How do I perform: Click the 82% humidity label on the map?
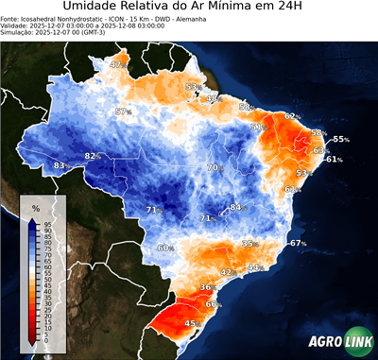[x=93, y=155]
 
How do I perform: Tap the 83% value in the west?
[x=60, y=166]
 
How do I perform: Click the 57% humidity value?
[x=122, y=111]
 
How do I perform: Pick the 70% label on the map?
[x=215, y=167]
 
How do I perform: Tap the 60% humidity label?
[x=164, y=248]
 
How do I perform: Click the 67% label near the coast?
[x=298, y=244]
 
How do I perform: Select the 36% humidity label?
[x=207, y=286]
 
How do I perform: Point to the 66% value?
[x=214, y=304]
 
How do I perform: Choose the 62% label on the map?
[x=292, y=116]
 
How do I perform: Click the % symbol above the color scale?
[x=36, y=207]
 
